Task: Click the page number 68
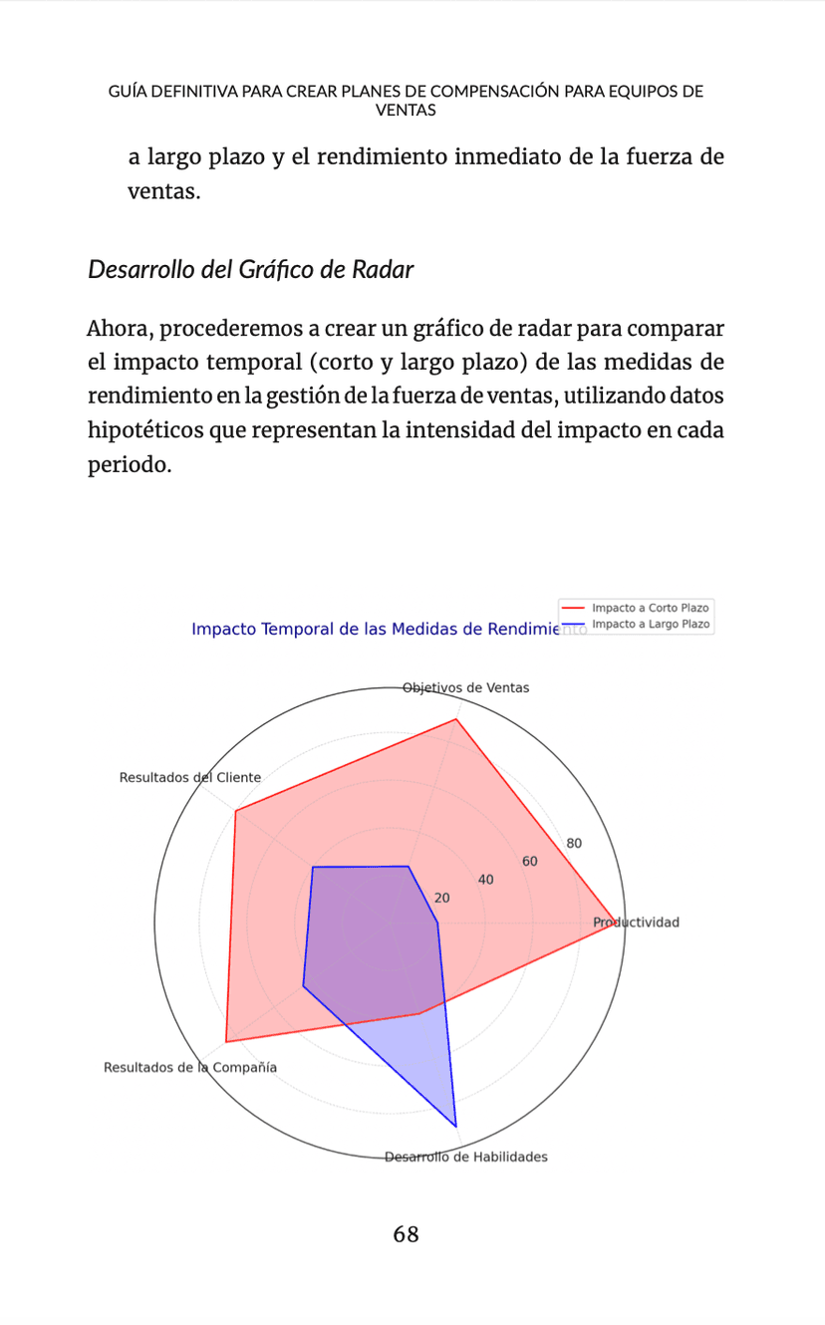[x=406, y=1235]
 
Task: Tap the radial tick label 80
[x=574, y=844]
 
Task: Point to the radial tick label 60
[x=530, y=862]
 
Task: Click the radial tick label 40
[x=486, y=880]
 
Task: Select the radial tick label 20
[x=442, y=898]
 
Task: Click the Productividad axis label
[x=637, y=923]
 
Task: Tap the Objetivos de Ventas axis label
[x=465, y=687]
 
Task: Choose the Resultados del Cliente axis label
[x=190, y=777]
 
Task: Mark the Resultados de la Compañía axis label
[x=190, y=1068]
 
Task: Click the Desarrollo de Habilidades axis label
[x=466, y=1158]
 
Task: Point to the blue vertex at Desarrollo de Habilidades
[x=456, y=1126]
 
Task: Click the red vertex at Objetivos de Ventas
[x=456, y=719]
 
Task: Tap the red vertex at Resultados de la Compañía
[x=226, y=1042]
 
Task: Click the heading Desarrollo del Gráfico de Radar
[x=250, y=269]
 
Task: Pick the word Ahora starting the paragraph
[x=120, y=329]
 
